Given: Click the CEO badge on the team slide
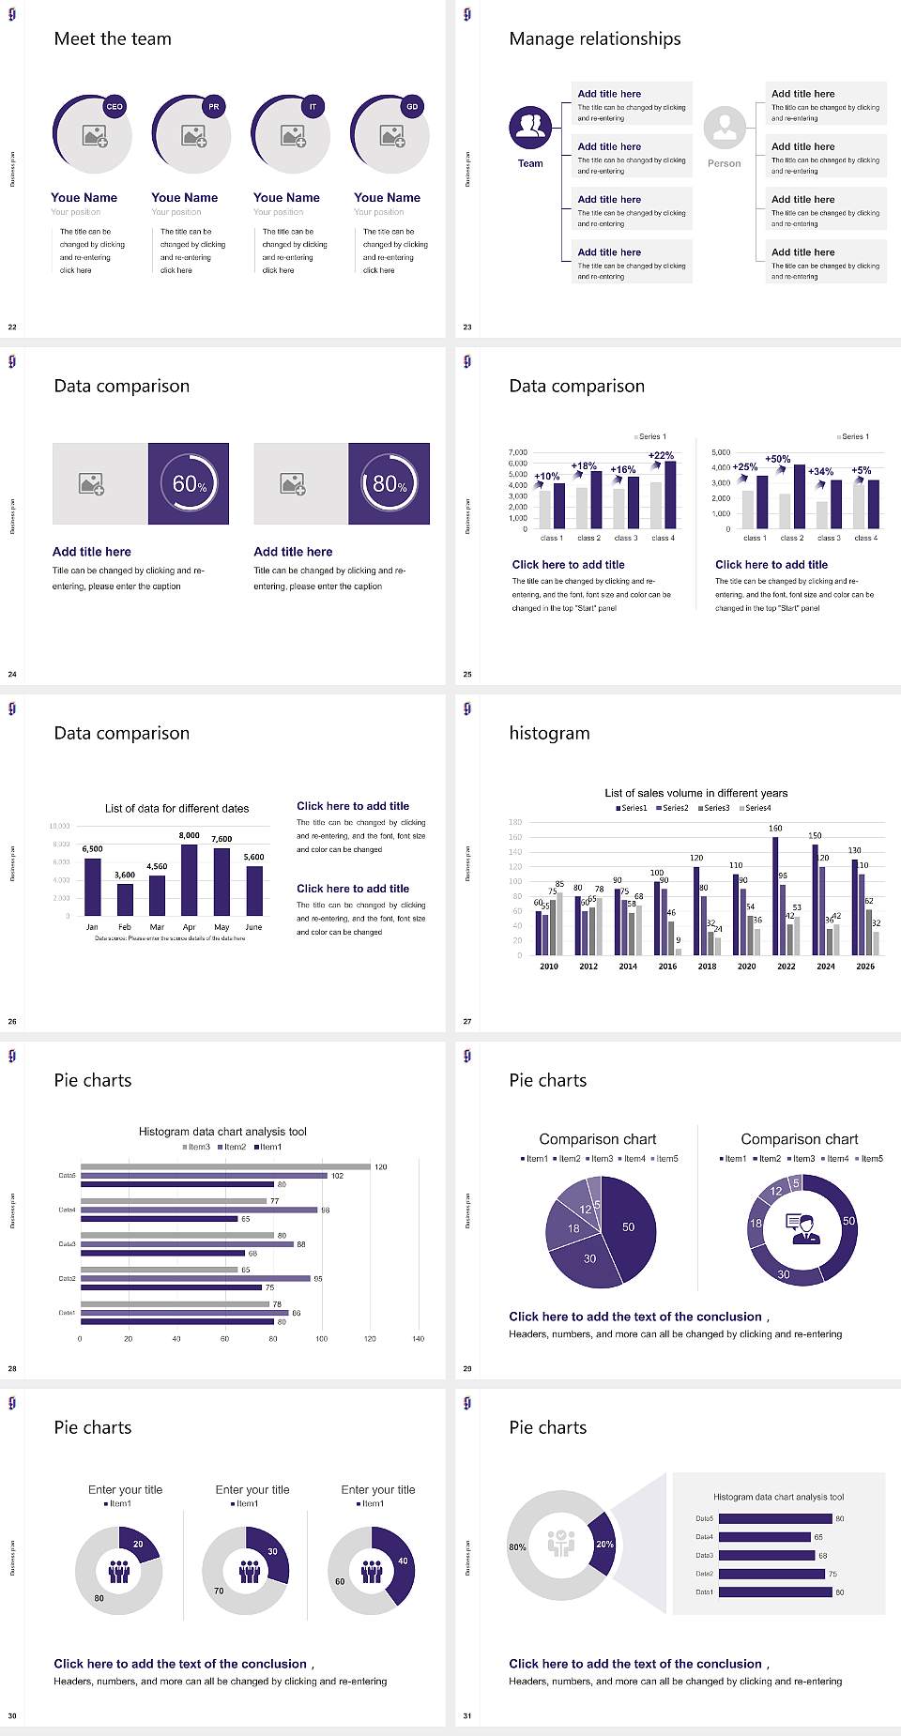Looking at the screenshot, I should pyautogui.click(x=115, y=107).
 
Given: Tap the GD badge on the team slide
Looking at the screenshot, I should pyautogui.click(x=412, y=107).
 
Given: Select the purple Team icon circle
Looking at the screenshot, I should pyautogui.click(x=530, y=127).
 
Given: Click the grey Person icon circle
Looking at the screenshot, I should pyautogui.click(x=725, y=127).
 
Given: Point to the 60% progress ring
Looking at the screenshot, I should pyautogui.click(x=189, y=483).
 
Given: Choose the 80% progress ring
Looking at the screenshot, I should pyautogui.click(x=389, y=483).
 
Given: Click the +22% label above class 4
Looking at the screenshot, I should pyautogui.click(x=661, y=455).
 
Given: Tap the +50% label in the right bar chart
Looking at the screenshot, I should pyautogui.click(x=777, y=459).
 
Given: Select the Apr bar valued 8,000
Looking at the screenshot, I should pyautogui.click(x=190, y=880).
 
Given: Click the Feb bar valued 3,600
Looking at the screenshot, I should pyautogui.click(x=125, y=899).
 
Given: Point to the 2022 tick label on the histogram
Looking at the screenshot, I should pyautogui.click(x=786, y=967).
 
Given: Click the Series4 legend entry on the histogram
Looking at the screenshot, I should pyautogui.click(x=756, y=808).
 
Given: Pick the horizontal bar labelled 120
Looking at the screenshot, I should pyautogui.click(x=225, y=1167).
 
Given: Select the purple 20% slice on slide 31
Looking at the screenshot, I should pyautogui.click(x=603, y=1544).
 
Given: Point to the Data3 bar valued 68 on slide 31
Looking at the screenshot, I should pyautogui.click(x=766, y=1556).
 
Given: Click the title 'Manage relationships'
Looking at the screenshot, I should pyautogui.click(x=595, y=38).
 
